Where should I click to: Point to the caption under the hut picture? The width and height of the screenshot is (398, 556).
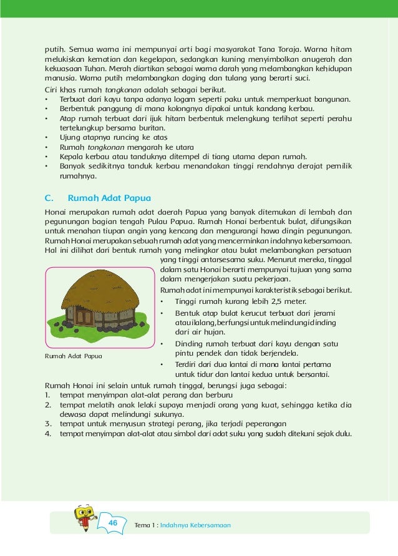74,356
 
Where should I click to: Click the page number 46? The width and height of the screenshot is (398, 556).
113,522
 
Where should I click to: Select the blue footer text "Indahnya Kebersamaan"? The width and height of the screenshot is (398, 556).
195,525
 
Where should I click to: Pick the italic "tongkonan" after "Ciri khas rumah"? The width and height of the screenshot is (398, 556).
123,90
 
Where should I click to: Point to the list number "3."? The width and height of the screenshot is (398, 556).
48,424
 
